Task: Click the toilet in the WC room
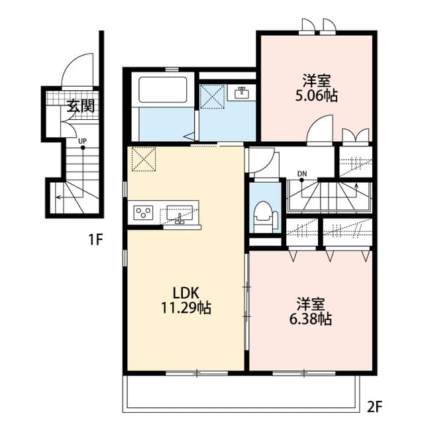[266, 217]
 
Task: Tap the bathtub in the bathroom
[163, 90]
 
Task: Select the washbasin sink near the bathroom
[241, 93]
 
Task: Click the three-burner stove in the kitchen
[143, 213]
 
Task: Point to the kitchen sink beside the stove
[180, 213]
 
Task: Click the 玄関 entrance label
[81, 106]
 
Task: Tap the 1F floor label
[96, 239]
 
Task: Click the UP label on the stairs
[82, 141]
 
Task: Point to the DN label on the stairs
[302, 174]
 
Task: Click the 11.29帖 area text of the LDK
[186, 307]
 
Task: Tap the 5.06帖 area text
[317, 95]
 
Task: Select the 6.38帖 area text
[311, 319]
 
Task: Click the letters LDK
[186, 293]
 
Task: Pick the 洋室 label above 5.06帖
[317, 81]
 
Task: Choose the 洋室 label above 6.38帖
[311, 304]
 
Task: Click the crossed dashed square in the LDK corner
[144, 159]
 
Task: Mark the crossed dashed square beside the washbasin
[213, 97]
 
